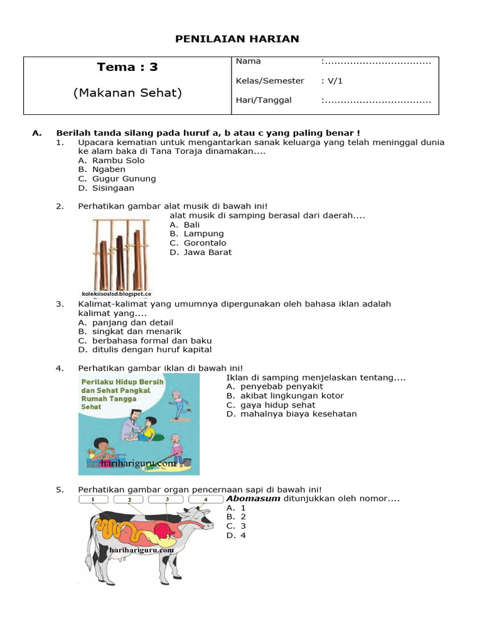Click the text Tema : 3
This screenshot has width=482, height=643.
coord(127,67)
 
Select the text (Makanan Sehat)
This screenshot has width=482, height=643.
coord(127,93)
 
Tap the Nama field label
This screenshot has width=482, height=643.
coord(248,62)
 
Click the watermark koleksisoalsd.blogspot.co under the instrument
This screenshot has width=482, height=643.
coord(117,293)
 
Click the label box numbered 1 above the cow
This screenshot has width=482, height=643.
coord(93,499)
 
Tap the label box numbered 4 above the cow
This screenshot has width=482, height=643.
coord(206,499)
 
